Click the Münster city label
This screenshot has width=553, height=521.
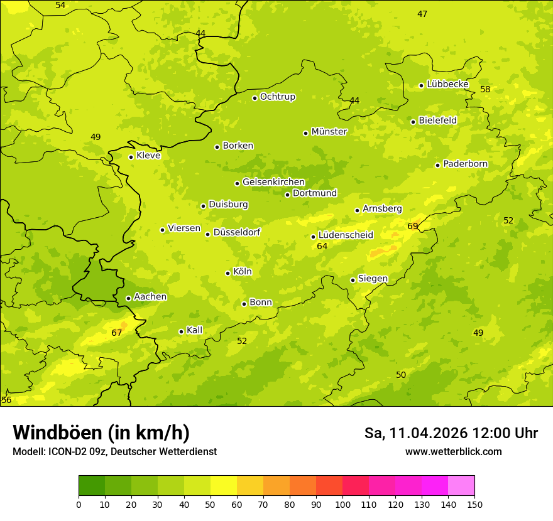[329, 132]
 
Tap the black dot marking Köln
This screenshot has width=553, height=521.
[227, 273]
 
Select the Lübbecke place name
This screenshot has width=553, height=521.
[447, 84]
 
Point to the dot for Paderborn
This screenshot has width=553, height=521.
[437, 165]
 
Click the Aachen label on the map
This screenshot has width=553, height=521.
[150, 297]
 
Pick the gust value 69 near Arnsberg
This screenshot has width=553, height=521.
[413, 226]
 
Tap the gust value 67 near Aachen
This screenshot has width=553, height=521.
[117, 333]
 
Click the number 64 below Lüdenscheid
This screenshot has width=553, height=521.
[322, 247]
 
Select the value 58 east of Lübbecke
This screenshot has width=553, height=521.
[485, 89]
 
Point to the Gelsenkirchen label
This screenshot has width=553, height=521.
[273, 182]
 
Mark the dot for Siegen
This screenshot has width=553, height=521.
[353, 281]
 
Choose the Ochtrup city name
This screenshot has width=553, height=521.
[278, 97]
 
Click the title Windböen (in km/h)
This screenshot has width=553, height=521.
[101, 432]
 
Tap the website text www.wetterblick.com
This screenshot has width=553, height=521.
[453, 451]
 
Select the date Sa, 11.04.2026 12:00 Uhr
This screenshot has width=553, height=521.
[451, 433]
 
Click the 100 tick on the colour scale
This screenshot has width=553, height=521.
[342, 504]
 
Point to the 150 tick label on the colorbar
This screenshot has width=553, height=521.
[474, 504]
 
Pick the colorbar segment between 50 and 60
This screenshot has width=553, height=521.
[224, 486]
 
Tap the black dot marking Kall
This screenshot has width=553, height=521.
[181, 331]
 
